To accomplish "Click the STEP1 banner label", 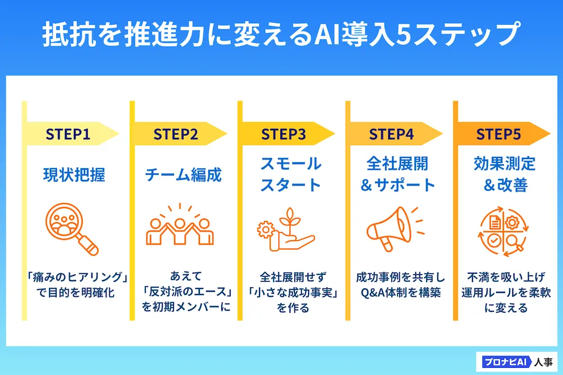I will (x=68, y=134).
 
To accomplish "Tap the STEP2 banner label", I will (x=176, y=134).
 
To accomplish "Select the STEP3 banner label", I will (x=284, y=134).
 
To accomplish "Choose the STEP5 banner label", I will (x=499, y=134).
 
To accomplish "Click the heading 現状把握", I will (x=74, y=175).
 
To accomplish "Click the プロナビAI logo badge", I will (x=502, y=360).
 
